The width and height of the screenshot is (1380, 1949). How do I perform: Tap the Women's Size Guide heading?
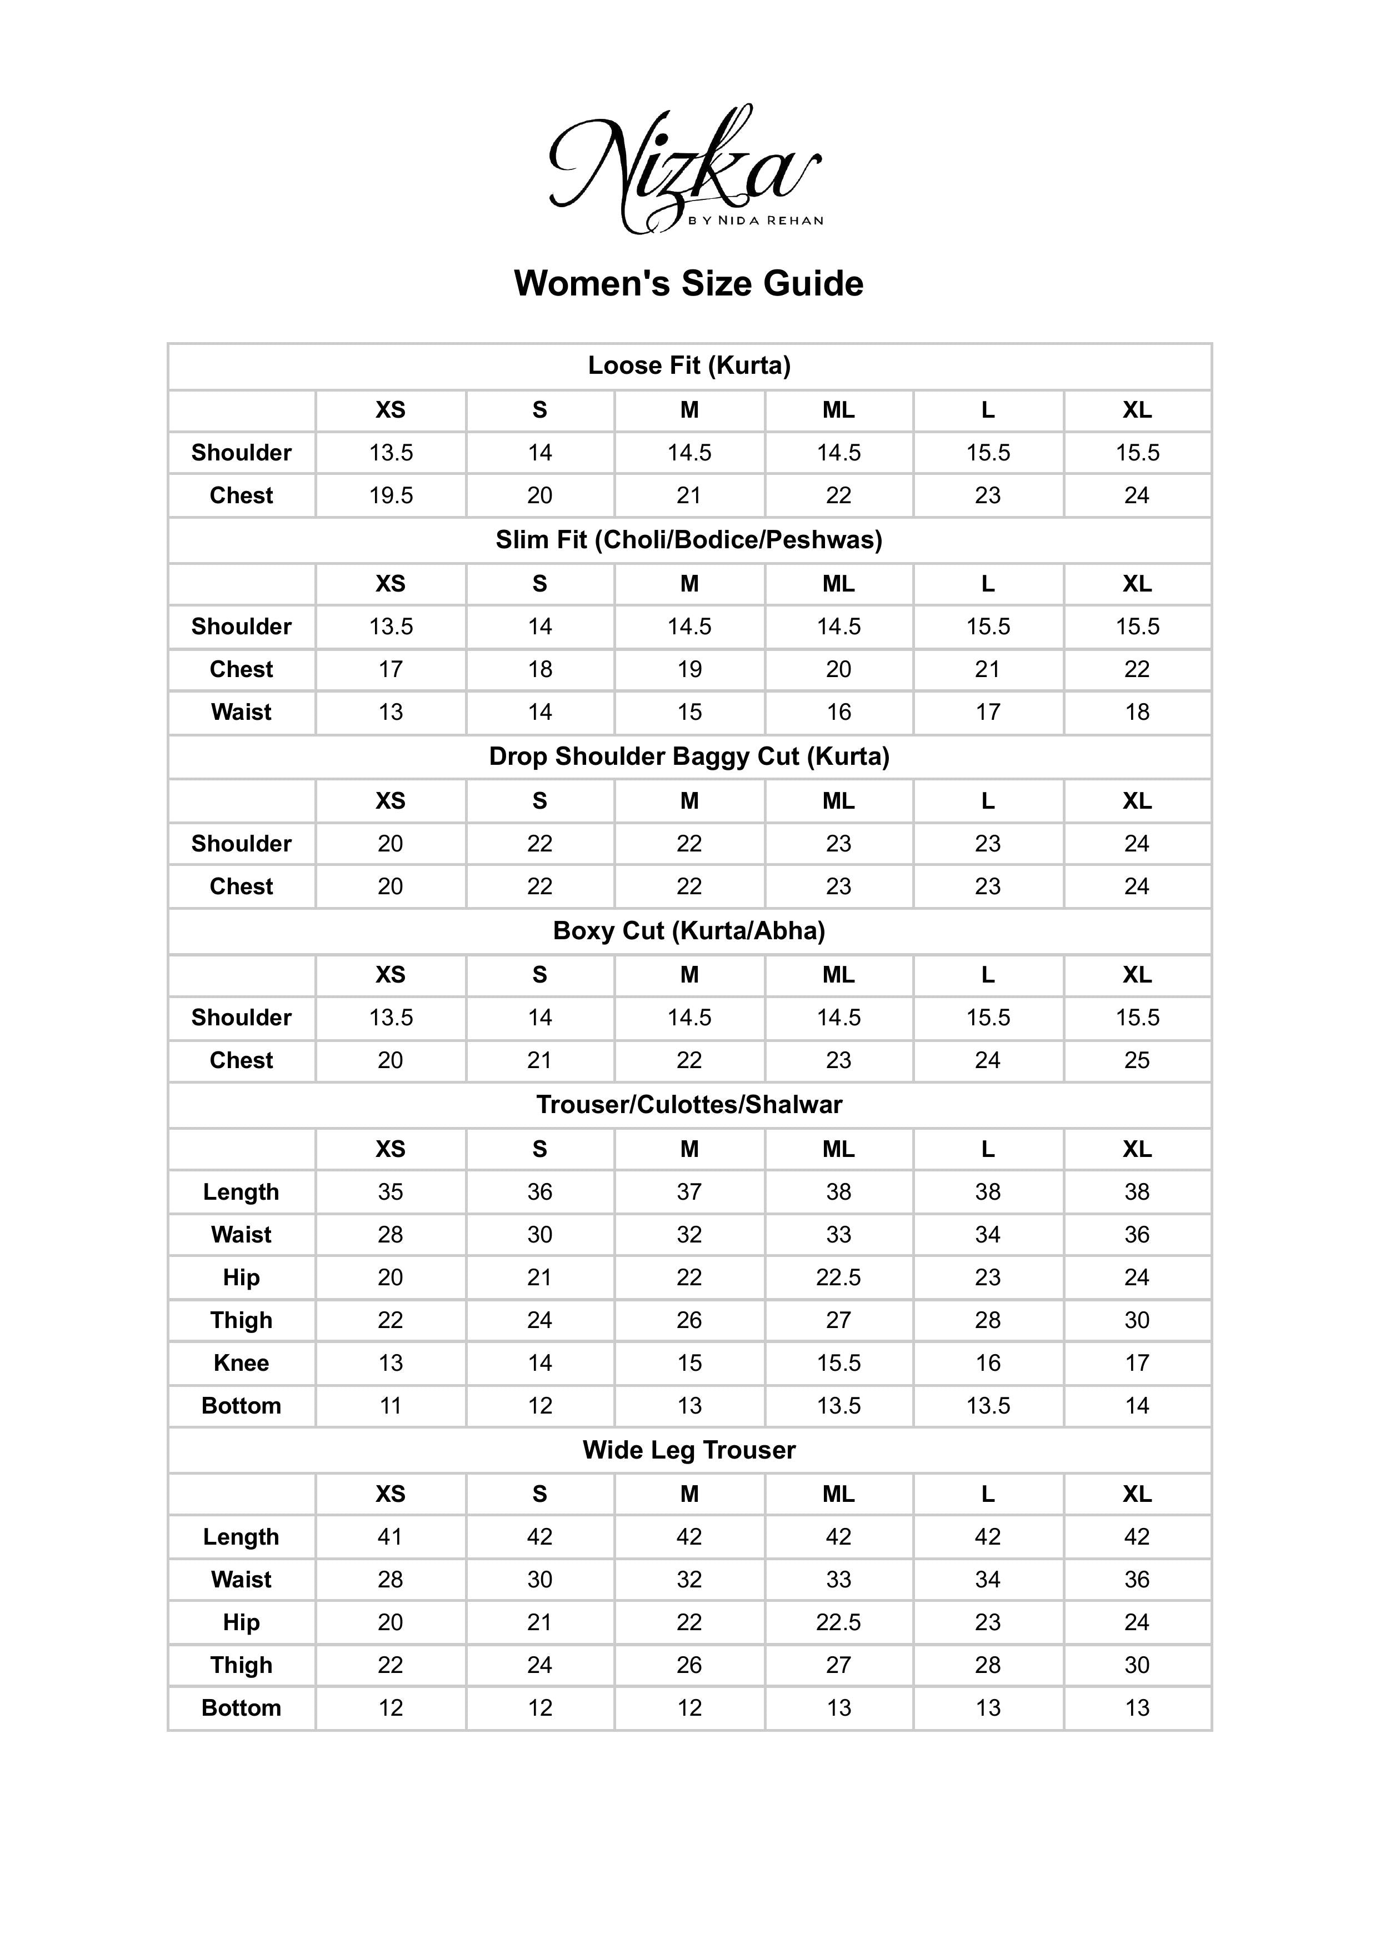[688, 283]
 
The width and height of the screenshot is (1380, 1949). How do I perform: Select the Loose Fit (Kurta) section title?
[689, 365]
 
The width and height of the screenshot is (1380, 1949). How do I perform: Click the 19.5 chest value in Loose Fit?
[391, 495]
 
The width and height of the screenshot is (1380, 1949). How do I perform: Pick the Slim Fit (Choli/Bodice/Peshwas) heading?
[689, 539]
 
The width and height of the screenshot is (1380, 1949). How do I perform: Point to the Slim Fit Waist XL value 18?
[1137, 712]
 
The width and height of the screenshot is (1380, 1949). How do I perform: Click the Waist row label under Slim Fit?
[241, 712]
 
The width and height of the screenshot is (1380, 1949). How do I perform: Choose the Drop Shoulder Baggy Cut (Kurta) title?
[689, 756]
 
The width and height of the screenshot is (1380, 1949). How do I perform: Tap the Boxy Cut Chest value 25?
[1137, 1060]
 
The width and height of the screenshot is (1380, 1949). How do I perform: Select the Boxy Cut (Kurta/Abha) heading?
[689, 930]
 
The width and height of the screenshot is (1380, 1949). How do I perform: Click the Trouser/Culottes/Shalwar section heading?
[689, 1105]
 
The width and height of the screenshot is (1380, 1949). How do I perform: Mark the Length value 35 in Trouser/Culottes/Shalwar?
[391, 1192]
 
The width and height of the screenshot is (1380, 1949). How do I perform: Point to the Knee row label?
[241, 1363]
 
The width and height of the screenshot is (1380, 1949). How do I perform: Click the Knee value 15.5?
[839, 1363]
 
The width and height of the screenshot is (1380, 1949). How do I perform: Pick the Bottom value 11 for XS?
[391, 1405]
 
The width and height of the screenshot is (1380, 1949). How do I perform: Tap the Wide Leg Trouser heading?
[689, 1450]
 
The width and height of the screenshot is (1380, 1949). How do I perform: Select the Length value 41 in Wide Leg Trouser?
[391, 1536]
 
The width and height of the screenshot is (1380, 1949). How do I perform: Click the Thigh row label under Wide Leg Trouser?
[241, 1665]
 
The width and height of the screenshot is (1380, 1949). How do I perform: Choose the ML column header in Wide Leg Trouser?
[839, 1494]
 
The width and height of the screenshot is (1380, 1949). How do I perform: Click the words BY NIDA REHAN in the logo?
[756, 221]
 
